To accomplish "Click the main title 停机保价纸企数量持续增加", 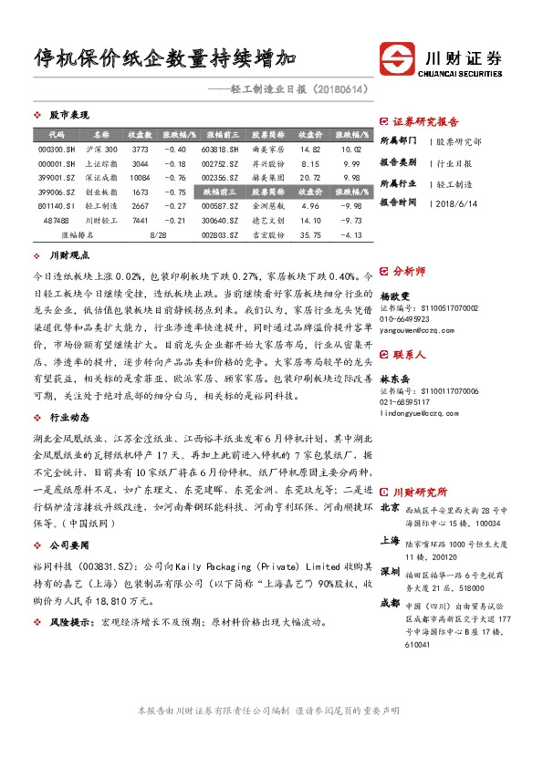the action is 164,61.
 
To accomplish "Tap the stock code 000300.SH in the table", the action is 50,149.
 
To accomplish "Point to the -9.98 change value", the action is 351,206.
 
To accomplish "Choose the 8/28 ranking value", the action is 155,235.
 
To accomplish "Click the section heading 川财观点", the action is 68,257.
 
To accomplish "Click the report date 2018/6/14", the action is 454,202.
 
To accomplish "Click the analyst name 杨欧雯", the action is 395,296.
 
